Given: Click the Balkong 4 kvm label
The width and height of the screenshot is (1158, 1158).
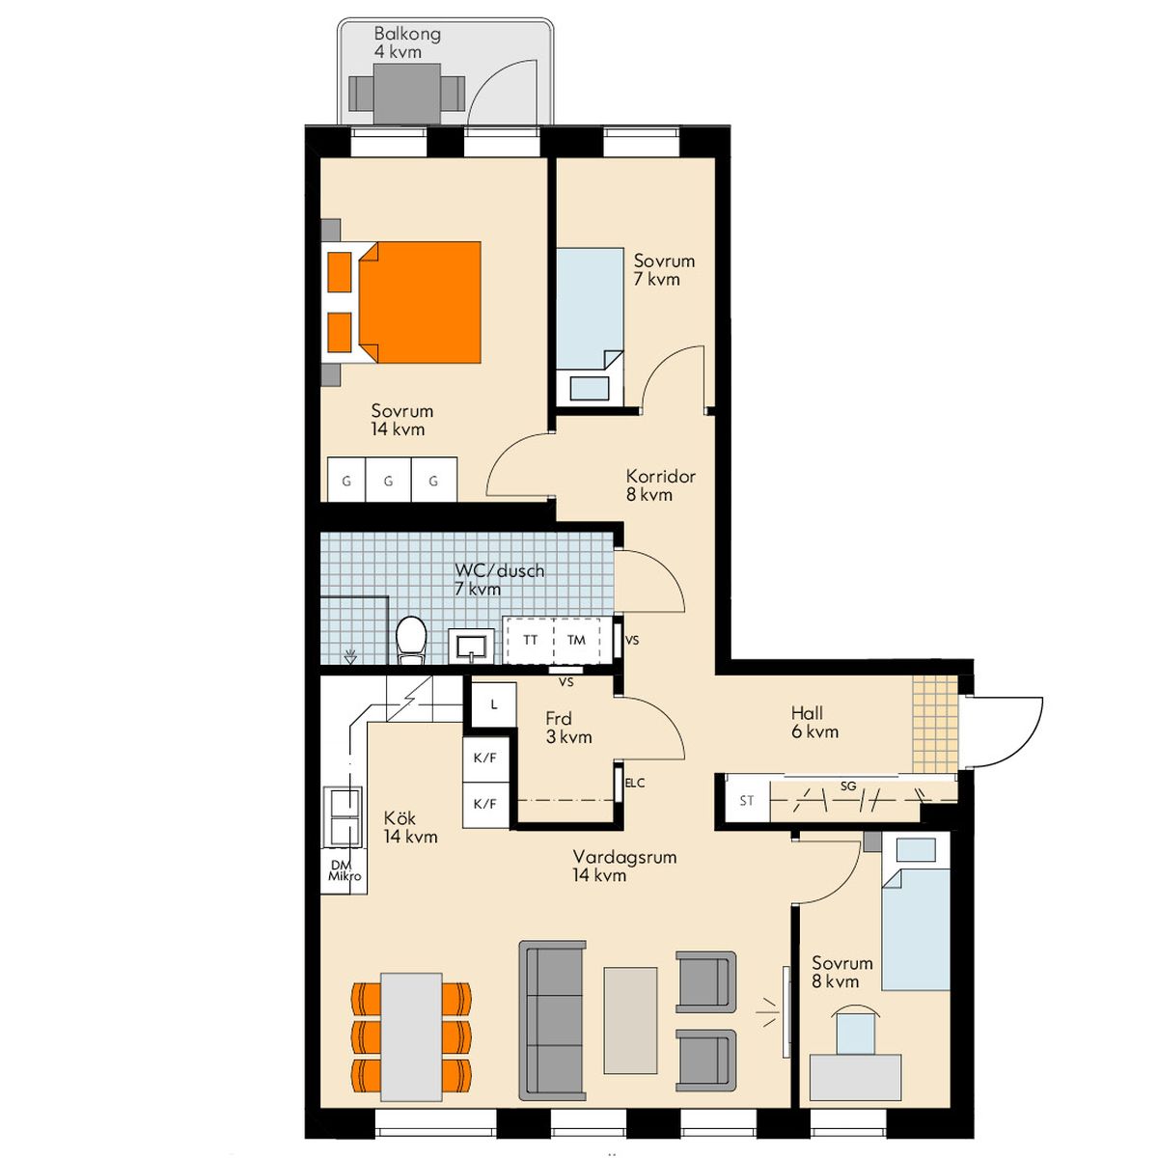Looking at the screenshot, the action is point(407,42).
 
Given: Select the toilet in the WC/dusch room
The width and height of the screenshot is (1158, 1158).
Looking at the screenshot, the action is point(411,640).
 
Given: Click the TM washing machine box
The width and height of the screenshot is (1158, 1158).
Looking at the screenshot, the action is point(576,640).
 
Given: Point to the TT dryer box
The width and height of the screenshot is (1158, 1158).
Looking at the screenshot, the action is point(530,640).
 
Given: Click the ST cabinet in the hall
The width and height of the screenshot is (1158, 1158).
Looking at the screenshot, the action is point(747,800).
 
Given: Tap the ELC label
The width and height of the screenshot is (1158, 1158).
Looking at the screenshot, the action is point(635,783).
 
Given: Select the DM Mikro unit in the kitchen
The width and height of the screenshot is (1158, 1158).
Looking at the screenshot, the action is point(345,870).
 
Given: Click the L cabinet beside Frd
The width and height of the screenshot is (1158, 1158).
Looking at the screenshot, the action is point(493,704).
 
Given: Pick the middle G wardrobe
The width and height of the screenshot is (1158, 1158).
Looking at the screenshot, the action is point(388,481).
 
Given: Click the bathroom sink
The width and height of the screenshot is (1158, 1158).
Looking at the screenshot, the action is point(472,646).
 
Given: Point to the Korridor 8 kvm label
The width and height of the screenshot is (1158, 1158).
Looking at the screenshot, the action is point(660,485).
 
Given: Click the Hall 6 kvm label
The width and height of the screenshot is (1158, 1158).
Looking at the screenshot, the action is point(814,722).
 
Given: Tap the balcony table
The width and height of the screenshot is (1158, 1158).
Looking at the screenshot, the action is point(407,94).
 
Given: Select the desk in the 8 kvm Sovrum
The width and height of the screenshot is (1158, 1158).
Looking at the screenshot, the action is point(855,1077).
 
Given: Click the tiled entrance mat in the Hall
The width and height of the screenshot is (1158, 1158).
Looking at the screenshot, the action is point(934,724).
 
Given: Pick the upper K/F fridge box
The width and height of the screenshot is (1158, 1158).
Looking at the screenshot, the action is point(485,758).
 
